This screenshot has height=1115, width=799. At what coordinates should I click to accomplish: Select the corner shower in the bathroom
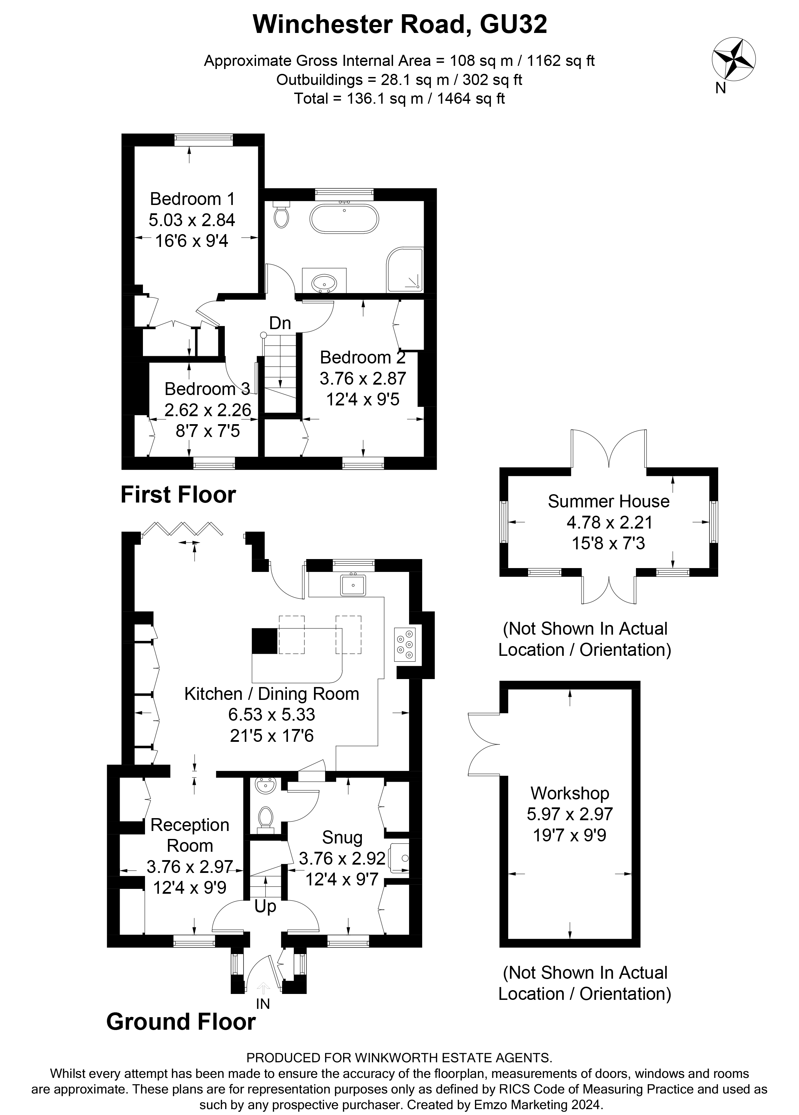tap(405, 269)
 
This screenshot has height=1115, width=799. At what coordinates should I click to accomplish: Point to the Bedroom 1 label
tap(192, 199)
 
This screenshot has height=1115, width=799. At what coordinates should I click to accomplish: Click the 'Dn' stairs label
tap(280, 323)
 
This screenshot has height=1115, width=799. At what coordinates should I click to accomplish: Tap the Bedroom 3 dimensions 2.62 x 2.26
tap(207, 410)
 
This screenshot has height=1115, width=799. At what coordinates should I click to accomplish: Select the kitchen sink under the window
tap(353, 585)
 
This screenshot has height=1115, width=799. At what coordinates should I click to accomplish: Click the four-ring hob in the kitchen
tap(406, 644)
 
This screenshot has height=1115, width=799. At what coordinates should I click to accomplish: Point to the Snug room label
tap(342, 837)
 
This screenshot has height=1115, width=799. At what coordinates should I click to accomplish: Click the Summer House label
tap(609, 501)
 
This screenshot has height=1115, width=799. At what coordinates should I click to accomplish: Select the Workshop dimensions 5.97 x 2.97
tap(570, 814)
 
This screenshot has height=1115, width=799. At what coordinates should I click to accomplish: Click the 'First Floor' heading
tap(178, 495)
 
